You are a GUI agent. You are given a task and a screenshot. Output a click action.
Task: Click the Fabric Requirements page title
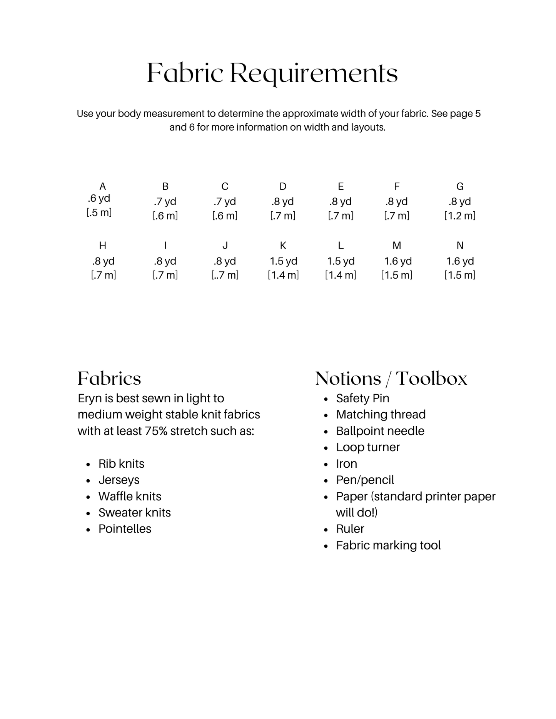click(272, 73)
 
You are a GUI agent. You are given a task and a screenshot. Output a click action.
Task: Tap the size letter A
click(102, 186)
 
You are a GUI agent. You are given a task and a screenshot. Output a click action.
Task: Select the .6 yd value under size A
click(99, 198)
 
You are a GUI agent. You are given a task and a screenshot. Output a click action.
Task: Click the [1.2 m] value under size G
click(460, 216)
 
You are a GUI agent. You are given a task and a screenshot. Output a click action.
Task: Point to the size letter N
click(460, 245)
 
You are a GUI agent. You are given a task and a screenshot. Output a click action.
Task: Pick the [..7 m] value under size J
click(225, 275)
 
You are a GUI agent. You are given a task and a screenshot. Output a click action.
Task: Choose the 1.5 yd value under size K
click(283, 261)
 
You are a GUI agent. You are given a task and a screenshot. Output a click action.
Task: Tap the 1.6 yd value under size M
click(398, 261)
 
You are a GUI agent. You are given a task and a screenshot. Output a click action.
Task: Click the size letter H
click(102, 245)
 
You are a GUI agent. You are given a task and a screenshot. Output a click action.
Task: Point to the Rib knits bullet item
click(121, 463)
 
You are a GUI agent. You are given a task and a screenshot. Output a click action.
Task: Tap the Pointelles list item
click(125, 529)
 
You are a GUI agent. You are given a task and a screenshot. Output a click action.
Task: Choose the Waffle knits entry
click(130, 496)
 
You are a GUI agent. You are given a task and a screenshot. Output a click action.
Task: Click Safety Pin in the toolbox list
click(362, 398)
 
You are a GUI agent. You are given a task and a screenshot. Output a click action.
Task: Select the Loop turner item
click(368, 447)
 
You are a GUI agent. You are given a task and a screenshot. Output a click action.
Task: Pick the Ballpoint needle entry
click(380, 431)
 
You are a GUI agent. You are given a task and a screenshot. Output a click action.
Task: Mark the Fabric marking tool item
click(388, 545)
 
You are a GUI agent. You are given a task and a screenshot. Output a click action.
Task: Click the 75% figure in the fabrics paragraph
click(156, 431)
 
